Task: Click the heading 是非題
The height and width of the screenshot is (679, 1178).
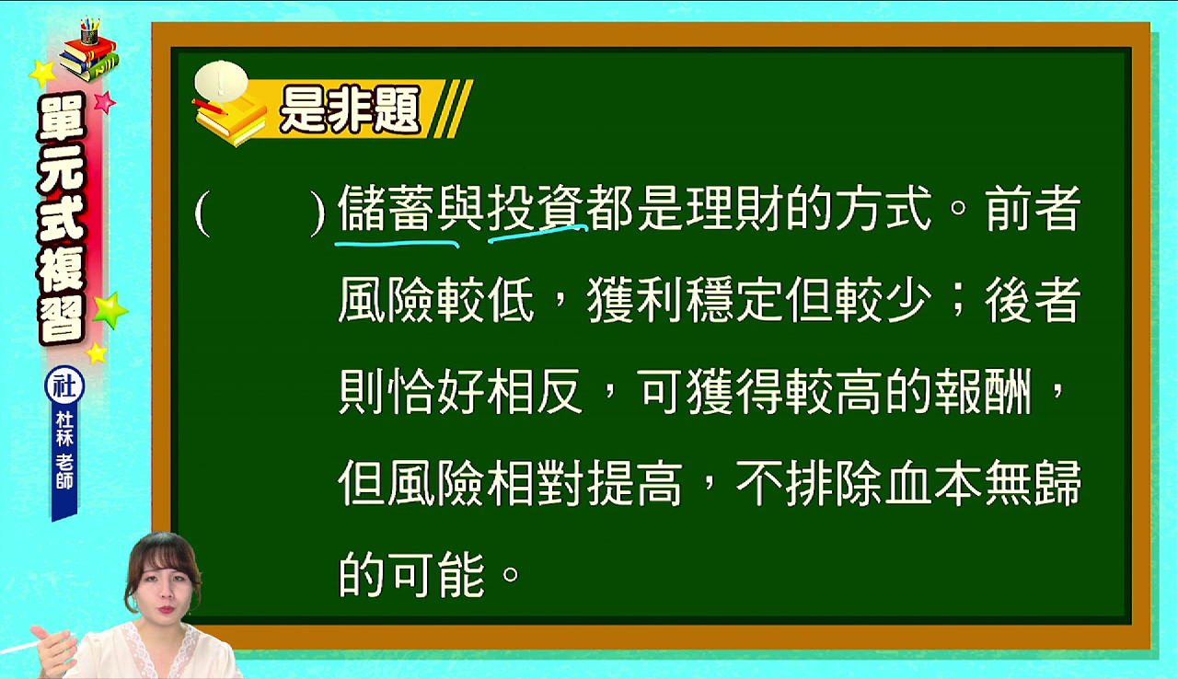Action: (350, 109)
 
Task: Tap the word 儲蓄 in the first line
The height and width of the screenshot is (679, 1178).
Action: (386, 208)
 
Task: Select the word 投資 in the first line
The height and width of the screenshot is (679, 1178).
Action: (536, 208)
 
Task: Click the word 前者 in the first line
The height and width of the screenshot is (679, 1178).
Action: (1033, 208)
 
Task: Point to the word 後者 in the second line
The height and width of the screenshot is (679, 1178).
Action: (1033, 300)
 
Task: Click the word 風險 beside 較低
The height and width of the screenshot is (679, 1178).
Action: (386, 300)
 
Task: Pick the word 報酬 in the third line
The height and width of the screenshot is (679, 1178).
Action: (983, 392)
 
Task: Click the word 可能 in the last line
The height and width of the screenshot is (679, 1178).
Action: (436, 574)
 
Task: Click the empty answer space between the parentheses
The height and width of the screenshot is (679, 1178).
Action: (260, 213)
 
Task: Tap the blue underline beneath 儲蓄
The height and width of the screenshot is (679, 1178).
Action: (397, 243)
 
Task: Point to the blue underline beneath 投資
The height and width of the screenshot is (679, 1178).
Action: (537, 234)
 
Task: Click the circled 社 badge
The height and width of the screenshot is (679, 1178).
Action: (64, 386)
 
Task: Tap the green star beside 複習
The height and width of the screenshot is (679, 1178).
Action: (110, 309)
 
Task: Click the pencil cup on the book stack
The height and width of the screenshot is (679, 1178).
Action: (89, 31)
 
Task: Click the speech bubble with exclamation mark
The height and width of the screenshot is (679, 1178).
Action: (221, 81)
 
